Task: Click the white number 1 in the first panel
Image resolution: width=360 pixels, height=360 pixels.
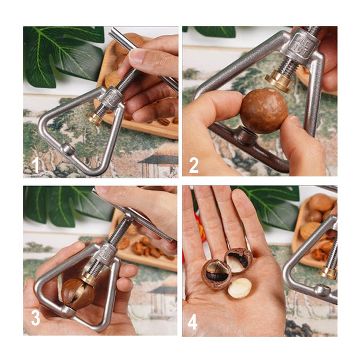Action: coord(35,165)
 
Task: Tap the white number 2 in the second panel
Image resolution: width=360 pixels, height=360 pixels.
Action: coord(194,166)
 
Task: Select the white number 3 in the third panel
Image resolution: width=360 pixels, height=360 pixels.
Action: coord(35,318)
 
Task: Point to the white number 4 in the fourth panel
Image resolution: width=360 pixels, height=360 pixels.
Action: coord(193,322)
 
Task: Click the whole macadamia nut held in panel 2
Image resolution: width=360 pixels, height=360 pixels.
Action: coord(264,111)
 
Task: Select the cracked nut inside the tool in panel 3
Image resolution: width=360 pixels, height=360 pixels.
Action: coord(77,293)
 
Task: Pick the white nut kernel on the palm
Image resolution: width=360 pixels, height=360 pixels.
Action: coord(239,288)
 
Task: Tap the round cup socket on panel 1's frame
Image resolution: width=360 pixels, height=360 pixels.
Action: coord(68,149)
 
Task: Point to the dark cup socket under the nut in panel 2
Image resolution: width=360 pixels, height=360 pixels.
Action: coord(247,136)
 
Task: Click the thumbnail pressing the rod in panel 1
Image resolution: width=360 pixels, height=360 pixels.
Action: coord(138,56)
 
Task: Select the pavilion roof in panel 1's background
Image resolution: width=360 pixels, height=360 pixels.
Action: coord(158,156)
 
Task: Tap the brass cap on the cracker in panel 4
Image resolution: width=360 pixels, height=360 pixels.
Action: coord(328,273)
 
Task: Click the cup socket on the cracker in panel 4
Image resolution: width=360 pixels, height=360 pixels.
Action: coord(322,290)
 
